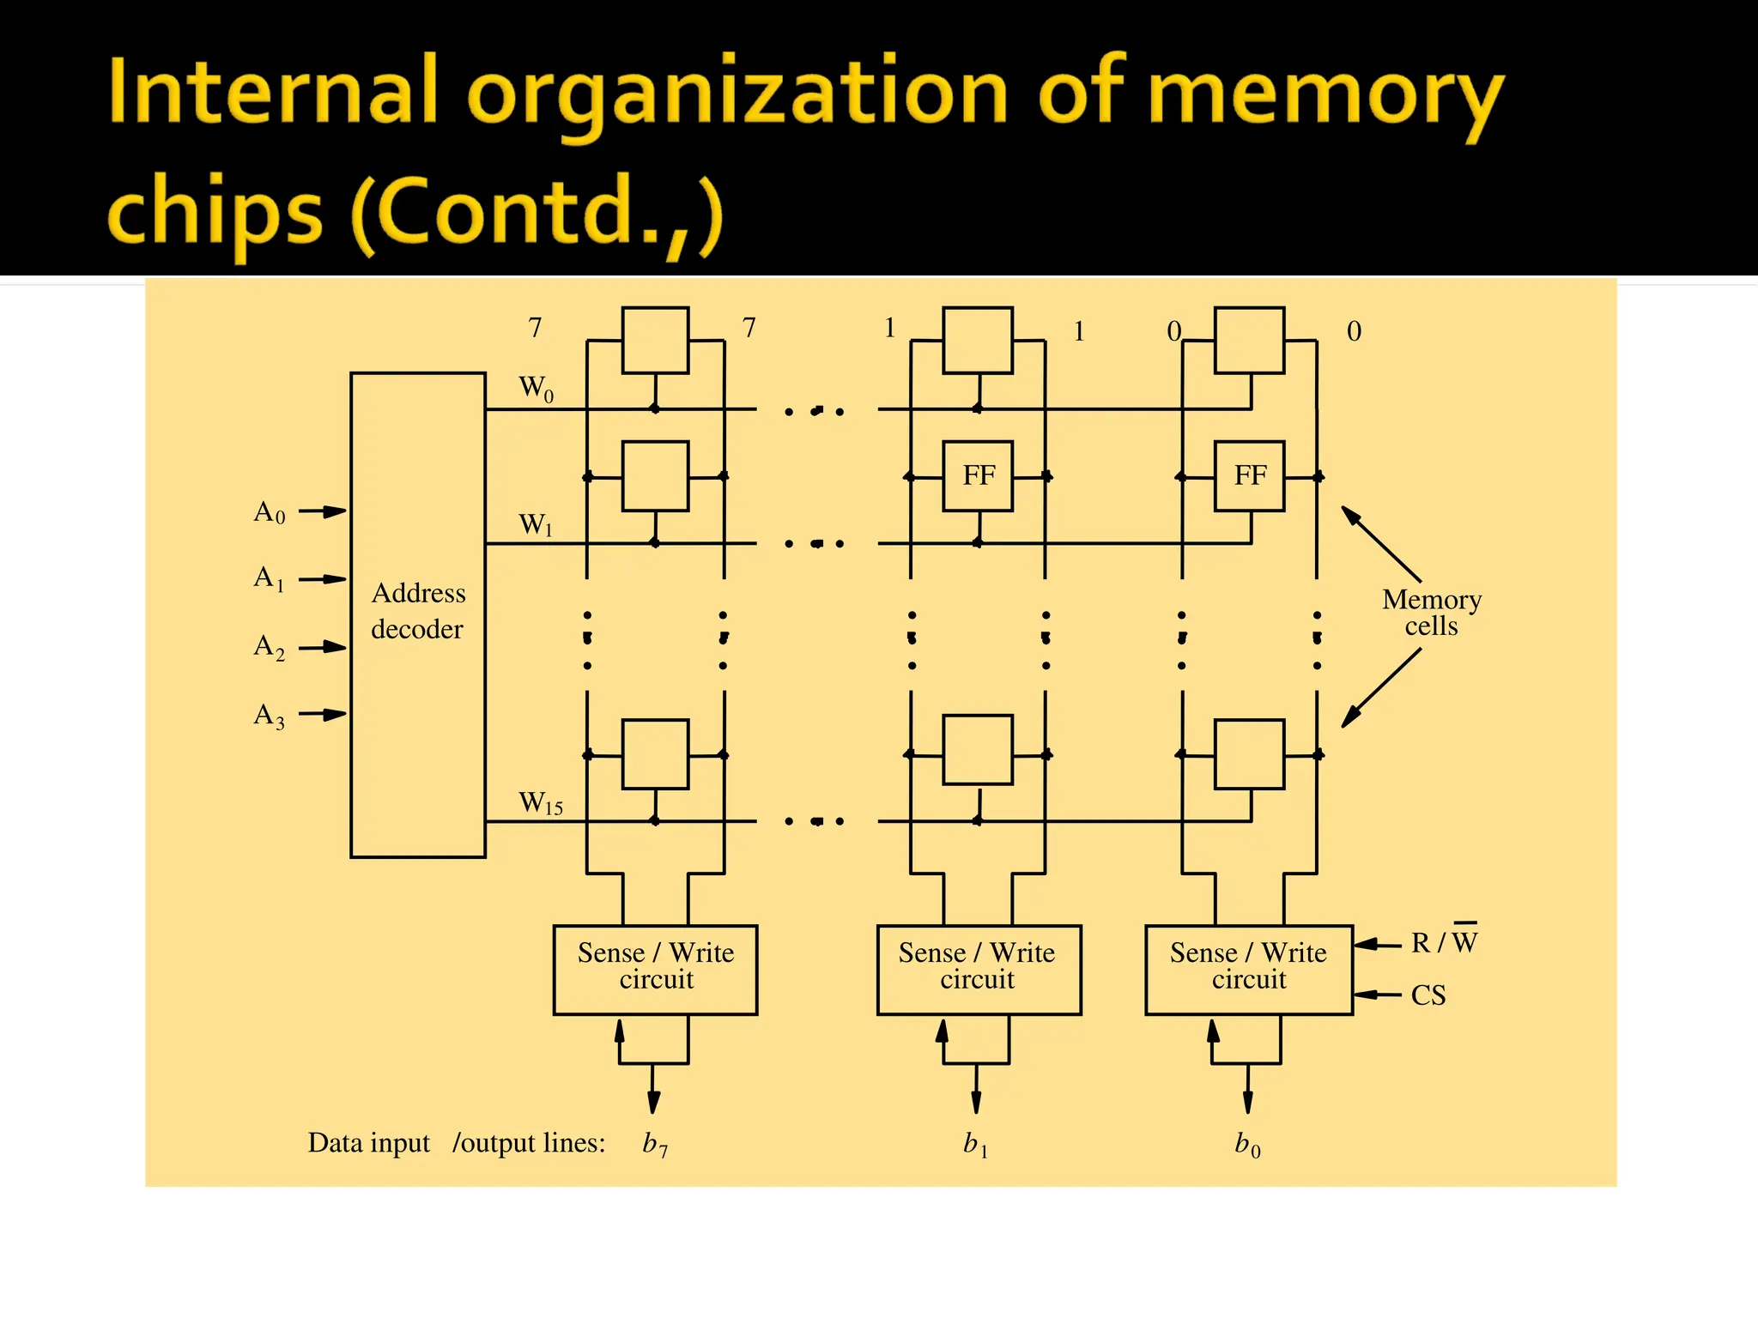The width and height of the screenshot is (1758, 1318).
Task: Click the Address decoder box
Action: pyautogui.click(x=418, y=614)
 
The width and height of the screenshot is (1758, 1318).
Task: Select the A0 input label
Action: pyautogui.click(x=270, y=512)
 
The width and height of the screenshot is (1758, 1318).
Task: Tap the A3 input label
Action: pyautogui.click(x=270, y=715)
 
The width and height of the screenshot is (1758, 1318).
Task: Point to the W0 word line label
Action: pyautogui.click(x=536, y=388)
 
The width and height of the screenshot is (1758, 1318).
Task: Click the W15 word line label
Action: pyautogui.click(x=541, y=803)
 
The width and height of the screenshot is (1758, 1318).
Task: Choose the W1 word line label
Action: pyautogui.click(x=536, y=524)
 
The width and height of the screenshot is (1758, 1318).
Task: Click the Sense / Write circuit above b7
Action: pyautogui.click(x=655, y=969)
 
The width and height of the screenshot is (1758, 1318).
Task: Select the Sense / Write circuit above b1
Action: pyautogui.click(x=978, y=969)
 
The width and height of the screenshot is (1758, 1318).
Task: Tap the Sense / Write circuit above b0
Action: pyautogui.click(x=1249, y=969)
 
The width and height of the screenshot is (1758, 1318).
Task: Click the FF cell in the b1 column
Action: pyautogui.click(x=978, y=475)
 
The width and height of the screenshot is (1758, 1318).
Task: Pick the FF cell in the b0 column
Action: pyautogui.click(x=1249, y=475)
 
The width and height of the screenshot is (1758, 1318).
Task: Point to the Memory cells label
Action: pyautogui.click(x=1432, y=612)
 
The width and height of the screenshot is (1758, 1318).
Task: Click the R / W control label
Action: pyautogui.click(x=1445, y=941)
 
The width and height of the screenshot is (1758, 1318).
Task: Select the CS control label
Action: pyautogui.click(x=1428, y=995)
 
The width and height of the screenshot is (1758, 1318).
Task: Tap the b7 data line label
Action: pyautogui.click(x=655, y=1144)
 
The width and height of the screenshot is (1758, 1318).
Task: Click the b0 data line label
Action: pyautogui.click(x=1247, y=1144)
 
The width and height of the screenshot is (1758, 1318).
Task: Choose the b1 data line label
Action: pyautogui.click(x=976, y=1144)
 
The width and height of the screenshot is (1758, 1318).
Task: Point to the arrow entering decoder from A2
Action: pyautogui.click(x=323, y=647)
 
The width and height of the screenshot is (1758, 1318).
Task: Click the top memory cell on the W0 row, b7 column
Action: pyautogui.click(x=655, y=340)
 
